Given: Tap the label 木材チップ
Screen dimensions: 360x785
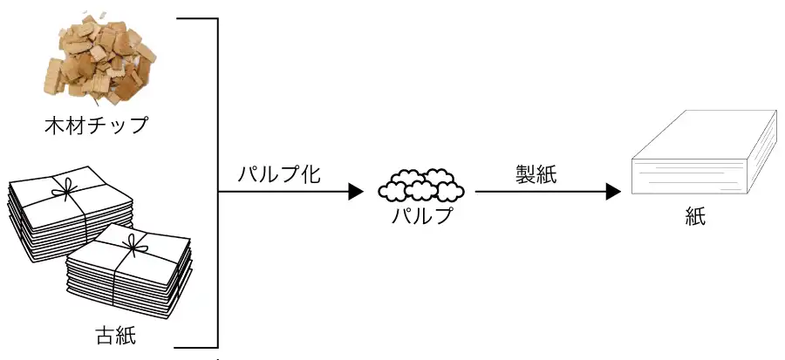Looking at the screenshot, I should pos(96,126).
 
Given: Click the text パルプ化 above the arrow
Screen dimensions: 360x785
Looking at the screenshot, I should pos(279,173).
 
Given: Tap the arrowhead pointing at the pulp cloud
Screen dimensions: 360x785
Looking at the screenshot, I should pos(355,192).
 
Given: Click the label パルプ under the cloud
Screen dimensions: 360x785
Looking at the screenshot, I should pos(421,215).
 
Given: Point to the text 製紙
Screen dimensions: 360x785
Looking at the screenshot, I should pos(536,173).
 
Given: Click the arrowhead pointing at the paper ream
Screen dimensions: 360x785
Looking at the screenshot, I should pos(613,192).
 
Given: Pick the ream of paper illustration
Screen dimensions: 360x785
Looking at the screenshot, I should pos(702,157).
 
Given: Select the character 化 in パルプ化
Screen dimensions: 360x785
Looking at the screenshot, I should pos(310,173).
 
